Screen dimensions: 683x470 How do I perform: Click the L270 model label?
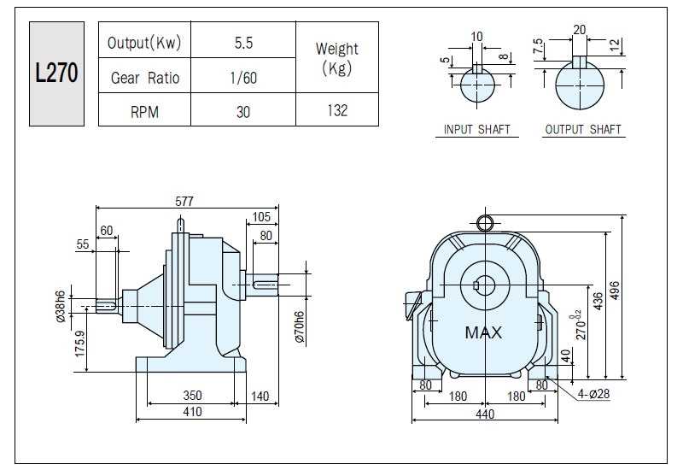coord(56,73)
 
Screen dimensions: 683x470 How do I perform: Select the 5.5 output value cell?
coord(243,43)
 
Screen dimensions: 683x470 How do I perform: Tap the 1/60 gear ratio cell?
coord(243,78)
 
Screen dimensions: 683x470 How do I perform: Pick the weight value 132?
coord(337,110)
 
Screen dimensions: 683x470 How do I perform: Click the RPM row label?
coord(144,112)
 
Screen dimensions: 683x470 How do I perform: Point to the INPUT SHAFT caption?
coord(477,130)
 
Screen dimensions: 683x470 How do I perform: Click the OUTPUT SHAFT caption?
coord(583,130)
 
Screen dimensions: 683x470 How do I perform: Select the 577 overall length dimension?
coord(184,201)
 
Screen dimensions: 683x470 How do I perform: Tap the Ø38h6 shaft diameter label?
coord(61,307)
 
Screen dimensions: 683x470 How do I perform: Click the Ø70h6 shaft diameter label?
coord(300,327)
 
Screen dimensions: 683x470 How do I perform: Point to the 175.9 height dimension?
coord(79,344)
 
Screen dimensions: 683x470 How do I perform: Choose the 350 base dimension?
coord(192,395)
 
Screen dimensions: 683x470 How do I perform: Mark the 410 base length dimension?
coord(192,412)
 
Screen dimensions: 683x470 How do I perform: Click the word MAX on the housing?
coord(483,333)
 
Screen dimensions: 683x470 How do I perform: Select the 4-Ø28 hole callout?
coord(593,394)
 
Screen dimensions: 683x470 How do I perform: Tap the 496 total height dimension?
coord(614,291)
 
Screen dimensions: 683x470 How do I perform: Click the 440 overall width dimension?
coord(485,414)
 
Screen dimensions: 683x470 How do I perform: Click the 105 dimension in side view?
coord(261,217)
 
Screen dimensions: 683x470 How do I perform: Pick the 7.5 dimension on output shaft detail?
coord(538,46)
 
